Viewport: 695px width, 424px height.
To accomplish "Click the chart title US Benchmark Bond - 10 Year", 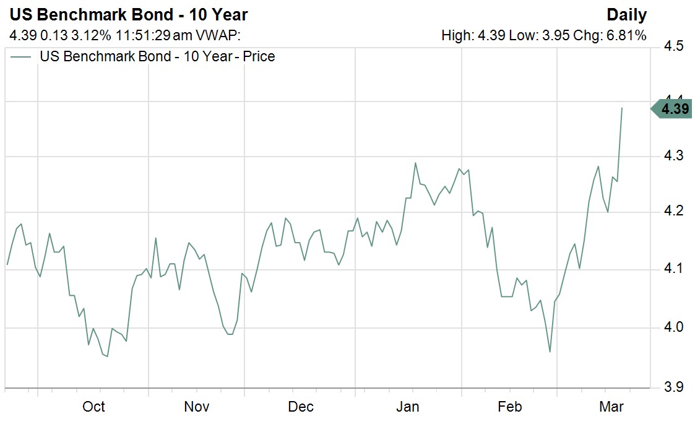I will tap(128, 14).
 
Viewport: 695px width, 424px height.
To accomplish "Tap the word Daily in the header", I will tap(626, 14).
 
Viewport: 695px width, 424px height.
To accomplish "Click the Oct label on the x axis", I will tap(93, 407).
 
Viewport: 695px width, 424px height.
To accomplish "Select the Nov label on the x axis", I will tap(197, 407).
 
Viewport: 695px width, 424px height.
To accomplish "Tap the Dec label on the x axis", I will tap(301, 407).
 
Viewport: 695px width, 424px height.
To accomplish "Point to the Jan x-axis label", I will tap(407, 407).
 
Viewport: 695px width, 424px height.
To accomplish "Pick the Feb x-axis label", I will tap(510, 407).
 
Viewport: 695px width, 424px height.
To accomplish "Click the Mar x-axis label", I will tap(611, 407).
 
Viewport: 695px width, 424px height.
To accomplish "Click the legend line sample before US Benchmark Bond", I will tap(22, 57).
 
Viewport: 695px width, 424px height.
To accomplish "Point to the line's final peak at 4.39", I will tap(621, 108).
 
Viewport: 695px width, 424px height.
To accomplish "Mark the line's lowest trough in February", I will tap(550, 352).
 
